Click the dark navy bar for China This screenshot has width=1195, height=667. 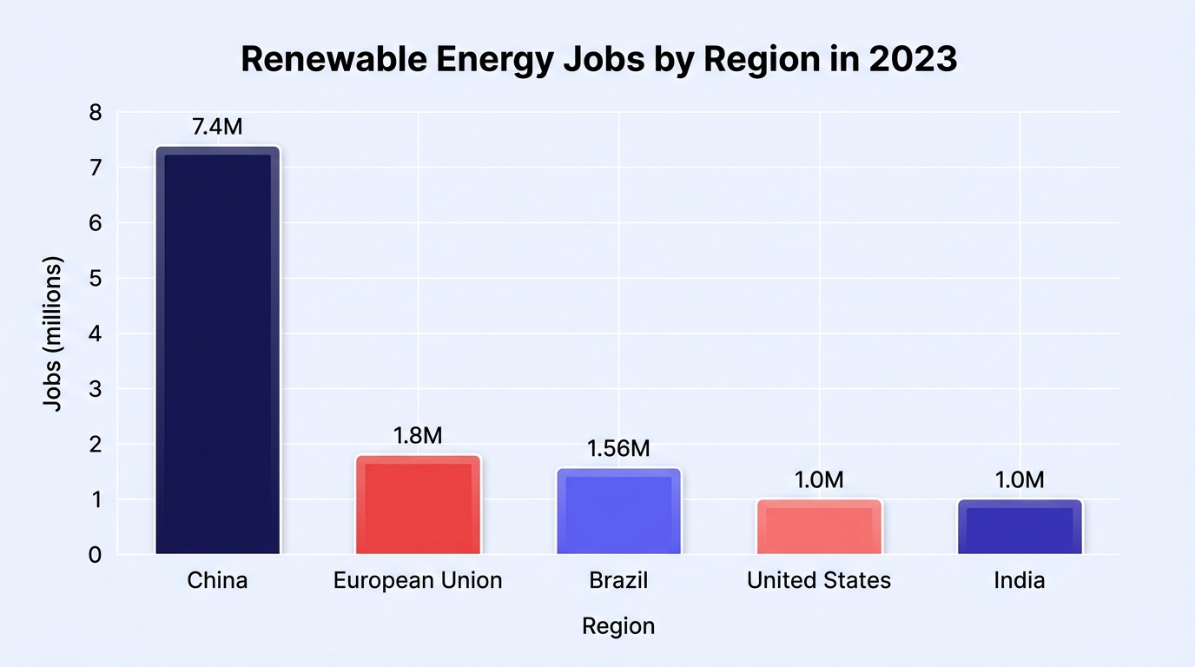tap(218, 350)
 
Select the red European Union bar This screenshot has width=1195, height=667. tap(419, 505)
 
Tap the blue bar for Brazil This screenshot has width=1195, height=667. tap(619, 512)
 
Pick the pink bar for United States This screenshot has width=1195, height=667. tap(820, 526)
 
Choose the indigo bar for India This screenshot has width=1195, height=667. tap(1020, 526)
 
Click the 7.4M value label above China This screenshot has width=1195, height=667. tap(217, 127)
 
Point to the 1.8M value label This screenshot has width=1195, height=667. tap(418, 436)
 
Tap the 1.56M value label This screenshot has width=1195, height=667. tap(618, 449)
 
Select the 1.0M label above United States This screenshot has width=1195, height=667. tap(819, 480)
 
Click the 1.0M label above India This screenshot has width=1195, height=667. tap(1020, 480)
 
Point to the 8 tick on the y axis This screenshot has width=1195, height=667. tap(95, 113)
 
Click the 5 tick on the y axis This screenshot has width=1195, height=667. tap(95, 279)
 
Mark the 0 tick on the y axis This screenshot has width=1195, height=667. tap(95, 556)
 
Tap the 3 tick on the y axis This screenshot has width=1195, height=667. tap(95, 390)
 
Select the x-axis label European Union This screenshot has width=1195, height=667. tap(418, 580)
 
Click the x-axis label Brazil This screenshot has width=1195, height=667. tap(618, 580)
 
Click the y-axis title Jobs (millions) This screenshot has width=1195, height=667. tap(52, 334)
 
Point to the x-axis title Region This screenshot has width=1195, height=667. tap(618, 626)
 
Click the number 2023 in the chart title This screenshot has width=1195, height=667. tap(913, 58)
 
